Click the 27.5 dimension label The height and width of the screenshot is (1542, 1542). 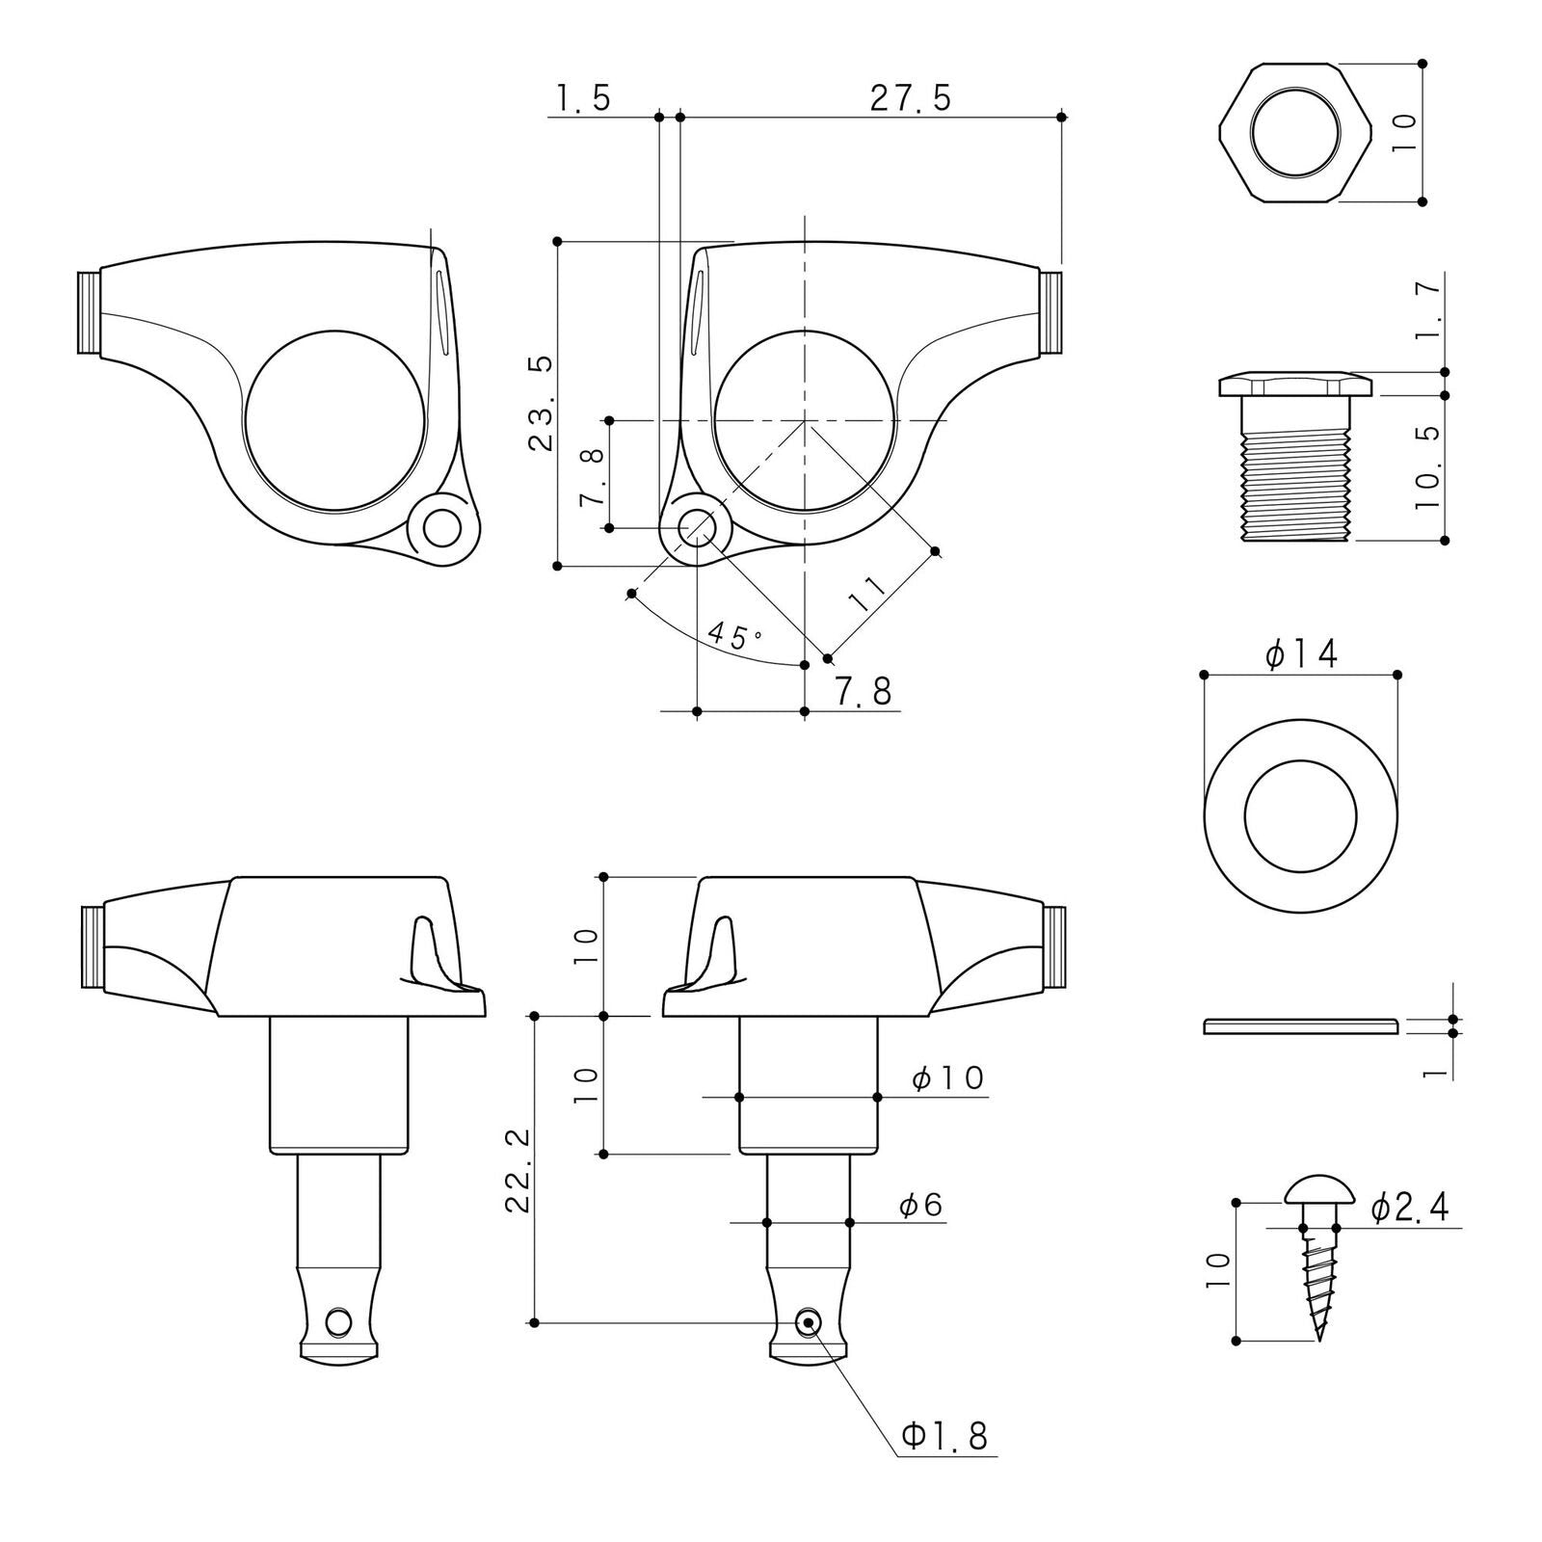(x=910, y=99)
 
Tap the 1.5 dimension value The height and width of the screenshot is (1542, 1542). (x=582, y=99)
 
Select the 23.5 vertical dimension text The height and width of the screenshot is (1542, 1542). (x=543, y=403)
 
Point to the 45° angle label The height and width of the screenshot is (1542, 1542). (x=734, y=636)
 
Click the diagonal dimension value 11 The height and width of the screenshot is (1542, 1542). (x=866, y=595)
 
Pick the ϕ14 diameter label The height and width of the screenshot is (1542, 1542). (x=1301, y=655)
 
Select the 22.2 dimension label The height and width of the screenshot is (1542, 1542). (x=517, y=1169)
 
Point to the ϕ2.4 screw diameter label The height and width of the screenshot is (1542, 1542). (x=1409, y=1208)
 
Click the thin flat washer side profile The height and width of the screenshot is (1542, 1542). (x=1301, y=1025)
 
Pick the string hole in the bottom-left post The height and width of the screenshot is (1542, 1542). (x=338, y=1322)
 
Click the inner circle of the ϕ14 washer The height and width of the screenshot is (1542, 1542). (x=1300, y=815)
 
